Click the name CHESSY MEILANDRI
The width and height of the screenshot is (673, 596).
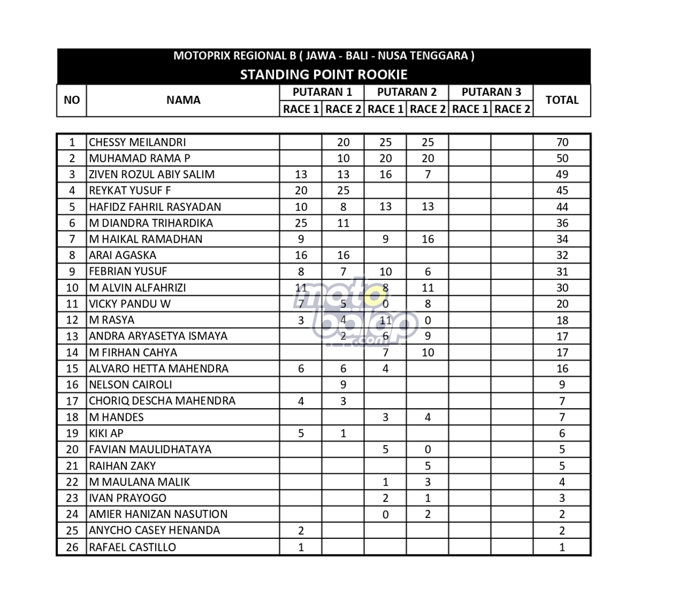pyautogui.click(x=137, y=142)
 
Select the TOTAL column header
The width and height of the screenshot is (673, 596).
pyautogui.click(x=562, y=100)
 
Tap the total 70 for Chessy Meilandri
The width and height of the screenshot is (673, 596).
pyautogui.click(x=562, y=142)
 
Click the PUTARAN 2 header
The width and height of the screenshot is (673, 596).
pyautogui.click(x=407, y=92)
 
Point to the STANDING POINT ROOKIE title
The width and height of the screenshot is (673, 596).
pyautogui.click(x=323, y=74)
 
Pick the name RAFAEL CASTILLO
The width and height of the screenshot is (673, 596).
pyautogui.click(x=133, y=547)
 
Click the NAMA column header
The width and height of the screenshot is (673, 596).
pyautogui.click(x=183, y=100)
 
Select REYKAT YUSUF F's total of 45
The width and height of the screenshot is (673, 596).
pyautogui.click(x=562, y=191)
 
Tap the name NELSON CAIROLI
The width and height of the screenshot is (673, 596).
pyautogui.click(x=131, y=384)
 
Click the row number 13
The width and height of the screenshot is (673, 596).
pyautogui.click(x=72, y=336)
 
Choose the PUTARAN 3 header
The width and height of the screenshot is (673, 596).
pyautogui.click(x=491, y=92)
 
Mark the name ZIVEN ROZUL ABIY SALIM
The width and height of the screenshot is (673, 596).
pyautogui.click(x=152, y=174)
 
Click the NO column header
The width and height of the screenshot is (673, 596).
pyautogui.click(x=72, y=100)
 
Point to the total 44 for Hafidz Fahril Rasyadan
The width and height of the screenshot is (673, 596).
pyautogui.click(x=562, y=206)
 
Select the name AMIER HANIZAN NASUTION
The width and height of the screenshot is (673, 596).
pyautogui.click(x=158, y=514)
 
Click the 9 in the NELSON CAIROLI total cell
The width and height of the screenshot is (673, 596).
pyautogui.click(x=562, y=384)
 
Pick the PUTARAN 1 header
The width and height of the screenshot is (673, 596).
pyautogui.click(x=322, y=92)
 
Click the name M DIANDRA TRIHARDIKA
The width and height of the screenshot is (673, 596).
pyautogui.click(x=151, y=223)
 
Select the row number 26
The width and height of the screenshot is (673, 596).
pyautogui.click(x=72, y=547)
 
